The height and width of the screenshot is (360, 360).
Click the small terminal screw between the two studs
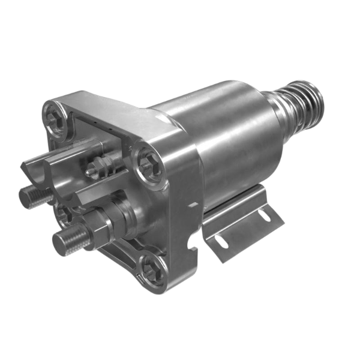pyautogui.click(x=91, y=172)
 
